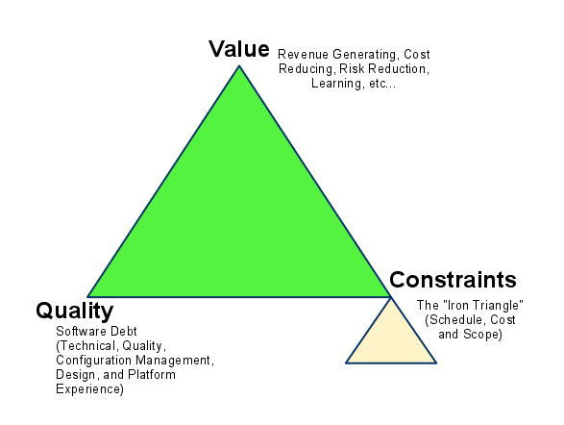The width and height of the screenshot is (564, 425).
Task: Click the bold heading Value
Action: [x=239, y=49]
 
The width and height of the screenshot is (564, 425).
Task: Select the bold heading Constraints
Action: [x=453, y=280]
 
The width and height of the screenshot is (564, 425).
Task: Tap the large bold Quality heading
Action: [x=74, y=311]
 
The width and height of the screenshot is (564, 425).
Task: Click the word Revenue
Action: [x=304, y=55]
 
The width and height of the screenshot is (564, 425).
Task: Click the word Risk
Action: [x=351, y=68]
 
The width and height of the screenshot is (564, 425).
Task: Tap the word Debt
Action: [x=124, y=331]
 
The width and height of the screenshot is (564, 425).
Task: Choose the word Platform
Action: [x=152, y=375]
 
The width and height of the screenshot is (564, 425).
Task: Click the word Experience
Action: [x=89, y=389]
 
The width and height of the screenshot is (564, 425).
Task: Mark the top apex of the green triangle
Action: [x=239, y=65]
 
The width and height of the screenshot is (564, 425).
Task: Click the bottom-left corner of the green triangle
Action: [x=88, y=297]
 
